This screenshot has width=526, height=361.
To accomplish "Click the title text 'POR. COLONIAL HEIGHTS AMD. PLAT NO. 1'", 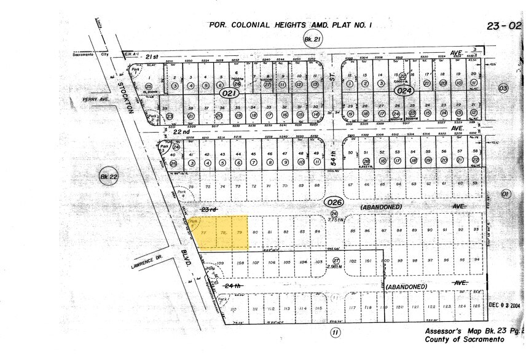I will click(291, 25).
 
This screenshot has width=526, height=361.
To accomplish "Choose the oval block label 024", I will click(403, 91).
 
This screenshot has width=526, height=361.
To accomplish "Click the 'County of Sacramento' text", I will click(466, 339).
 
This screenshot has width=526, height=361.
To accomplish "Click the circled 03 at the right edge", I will click(504, 88).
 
